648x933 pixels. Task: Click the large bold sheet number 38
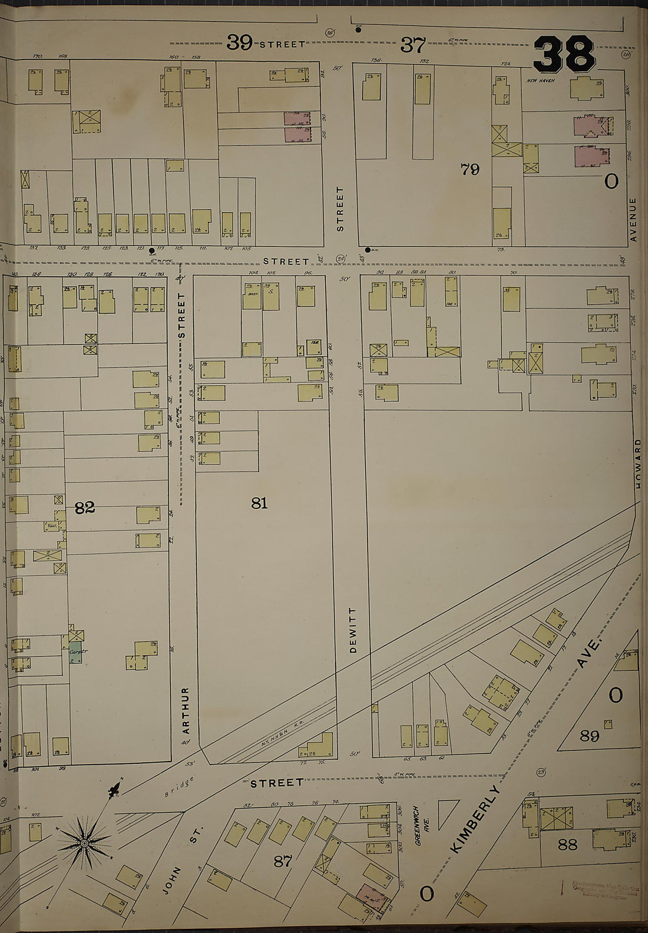(564, 53)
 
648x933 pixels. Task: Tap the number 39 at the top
(240, 43)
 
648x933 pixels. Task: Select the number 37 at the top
(412, 44)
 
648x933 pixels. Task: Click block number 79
(470, 170)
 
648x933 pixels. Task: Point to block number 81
(259, 502)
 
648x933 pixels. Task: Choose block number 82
(85, 508)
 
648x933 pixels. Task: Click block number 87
(283, 861)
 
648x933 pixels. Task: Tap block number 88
(567, 844)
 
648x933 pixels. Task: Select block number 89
(589, 736)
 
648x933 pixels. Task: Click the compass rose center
(84, 843)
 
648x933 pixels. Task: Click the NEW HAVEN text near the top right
(540, 80)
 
